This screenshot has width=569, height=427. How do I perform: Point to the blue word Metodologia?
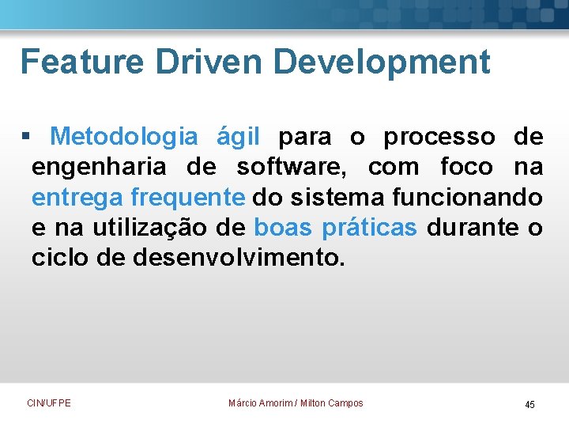123,137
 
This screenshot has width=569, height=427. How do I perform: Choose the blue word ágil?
238,138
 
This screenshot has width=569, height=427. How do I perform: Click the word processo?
439,138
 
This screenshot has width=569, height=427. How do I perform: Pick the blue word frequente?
188,198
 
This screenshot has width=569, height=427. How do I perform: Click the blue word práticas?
369,228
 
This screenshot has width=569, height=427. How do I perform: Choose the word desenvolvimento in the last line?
238,258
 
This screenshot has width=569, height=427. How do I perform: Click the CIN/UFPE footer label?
48,403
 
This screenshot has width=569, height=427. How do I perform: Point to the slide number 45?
529,405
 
